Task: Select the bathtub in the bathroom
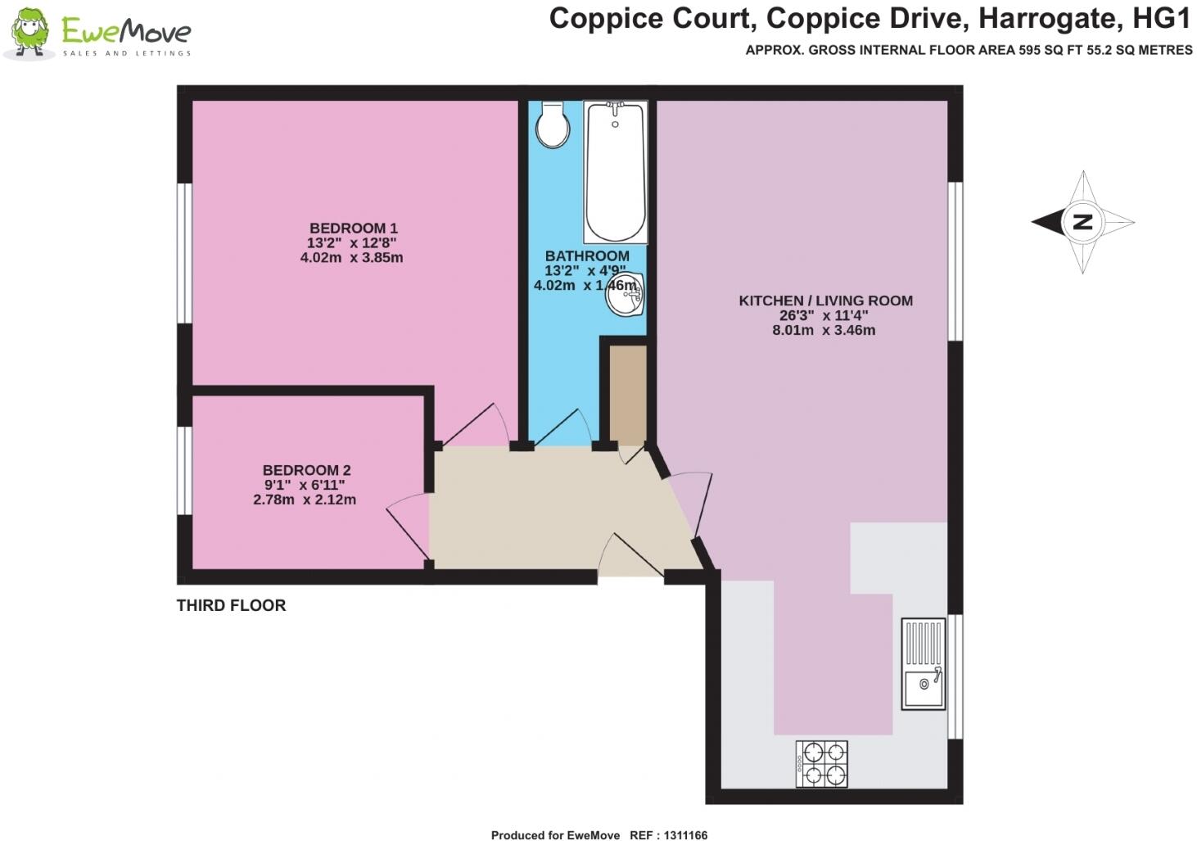point(615,172)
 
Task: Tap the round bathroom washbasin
point(625,296)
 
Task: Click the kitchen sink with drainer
point(924,663)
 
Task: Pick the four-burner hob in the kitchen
point(822,763)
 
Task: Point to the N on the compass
point(1082,222)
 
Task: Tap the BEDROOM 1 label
point(353,228)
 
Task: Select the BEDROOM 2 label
point(306,470)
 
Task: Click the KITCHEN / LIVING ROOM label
point(825,301)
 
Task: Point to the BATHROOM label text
point(587,256)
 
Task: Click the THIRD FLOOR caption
point(231,606)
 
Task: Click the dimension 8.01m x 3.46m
point(824,331)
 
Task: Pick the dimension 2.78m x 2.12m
point(305,500)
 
